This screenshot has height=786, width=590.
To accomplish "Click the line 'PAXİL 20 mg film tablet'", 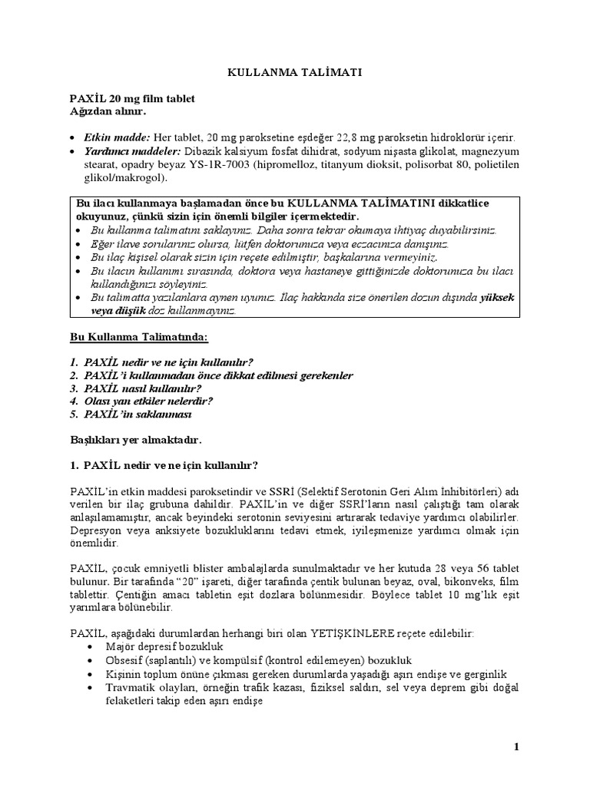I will pos(133,99).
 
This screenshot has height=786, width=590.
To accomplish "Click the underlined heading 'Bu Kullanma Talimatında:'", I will pos(139,338).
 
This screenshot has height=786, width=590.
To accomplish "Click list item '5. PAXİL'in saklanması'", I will pos(131,414).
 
